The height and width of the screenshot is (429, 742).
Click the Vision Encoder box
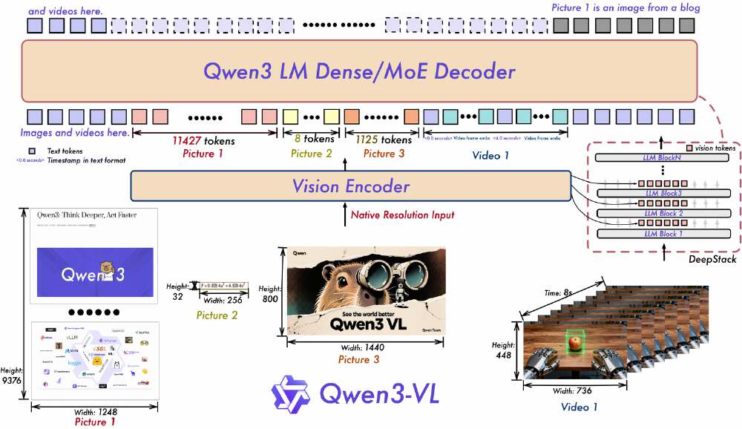click(x=349, y=186)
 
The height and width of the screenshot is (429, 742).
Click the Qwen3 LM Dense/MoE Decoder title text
click(x=359, y=72)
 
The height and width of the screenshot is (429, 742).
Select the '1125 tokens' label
click(x=383, y=140)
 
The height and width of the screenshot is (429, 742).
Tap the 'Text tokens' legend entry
click(x=66, y=151)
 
